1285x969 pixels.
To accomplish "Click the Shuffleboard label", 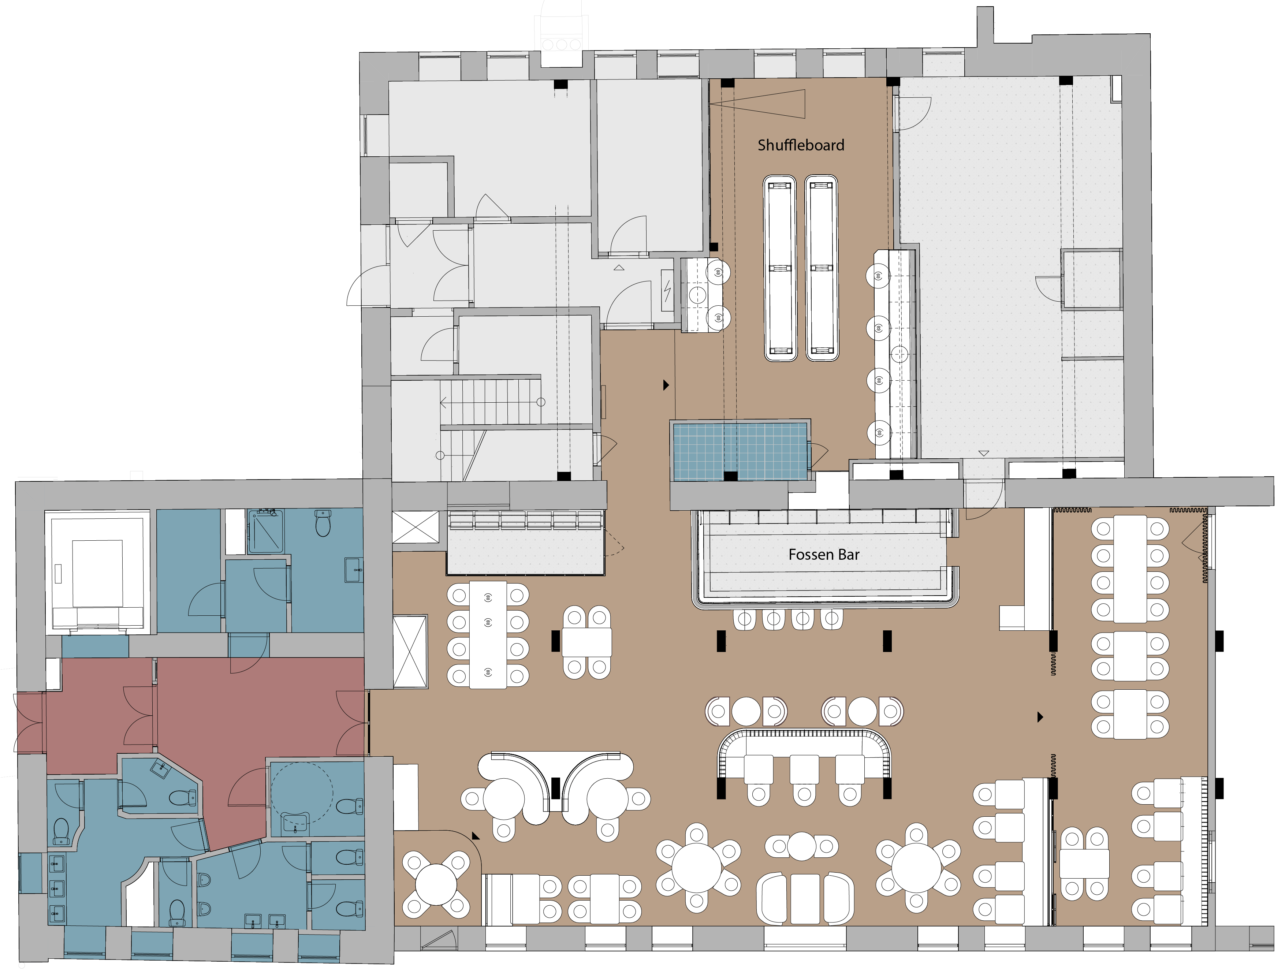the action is [x=801, y=145].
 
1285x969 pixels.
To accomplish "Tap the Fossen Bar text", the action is [x=824, y=555].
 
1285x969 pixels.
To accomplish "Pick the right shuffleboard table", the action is [x=822, y=268].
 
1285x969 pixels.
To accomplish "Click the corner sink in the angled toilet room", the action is [x=160, y=770].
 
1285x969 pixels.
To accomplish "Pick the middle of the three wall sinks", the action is [x=56, y=888].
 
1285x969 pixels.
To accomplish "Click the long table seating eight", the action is [x=488, y=635].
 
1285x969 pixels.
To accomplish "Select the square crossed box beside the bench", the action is [x=416, y=528].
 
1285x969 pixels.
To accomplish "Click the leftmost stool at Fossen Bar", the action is [x=744, y=619].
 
